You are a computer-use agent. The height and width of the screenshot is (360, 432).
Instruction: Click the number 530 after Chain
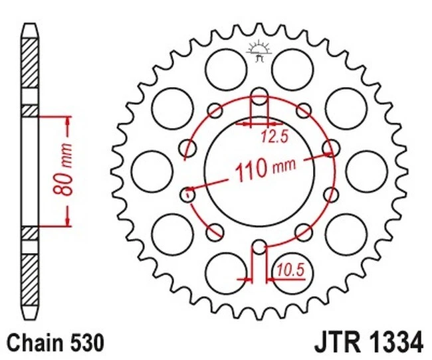tap(86, 343)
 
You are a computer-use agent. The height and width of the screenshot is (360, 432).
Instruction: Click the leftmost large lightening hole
tap(148, 170)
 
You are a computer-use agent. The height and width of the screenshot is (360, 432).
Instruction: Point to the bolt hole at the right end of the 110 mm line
tap(328, 148)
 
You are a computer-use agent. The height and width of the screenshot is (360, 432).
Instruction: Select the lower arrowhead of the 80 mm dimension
tap(67, 221)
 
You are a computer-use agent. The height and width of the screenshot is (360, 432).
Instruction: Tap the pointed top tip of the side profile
tap(30, 27)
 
